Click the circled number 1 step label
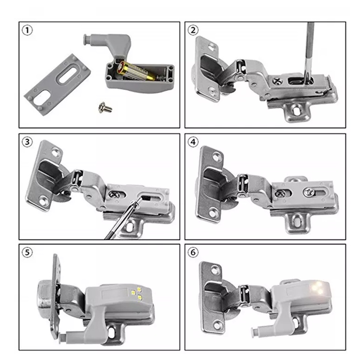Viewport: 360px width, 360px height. point(27,30)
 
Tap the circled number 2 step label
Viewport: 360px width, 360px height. point(193,30)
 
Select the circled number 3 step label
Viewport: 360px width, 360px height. point(27,142)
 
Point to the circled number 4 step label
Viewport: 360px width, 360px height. point(193,142)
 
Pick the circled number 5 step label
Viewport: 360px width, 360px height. point(27,253)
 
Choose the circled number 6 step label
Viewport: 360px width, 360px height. point(193,253)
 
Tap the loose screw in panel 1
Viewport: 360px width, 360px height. point(105,107)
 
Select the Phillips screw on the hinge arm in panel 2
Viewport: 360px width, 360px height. point(277,81)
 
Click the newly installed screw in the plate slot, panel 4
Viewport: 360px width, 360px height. point(308,192)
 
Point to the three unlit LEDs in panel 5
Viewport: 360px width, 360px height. point(137,293)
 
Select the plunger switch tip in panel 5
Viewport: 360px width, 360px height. point(62,337)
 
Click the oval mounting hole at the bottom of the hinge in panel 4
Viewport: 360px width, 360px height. point(297,220)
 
